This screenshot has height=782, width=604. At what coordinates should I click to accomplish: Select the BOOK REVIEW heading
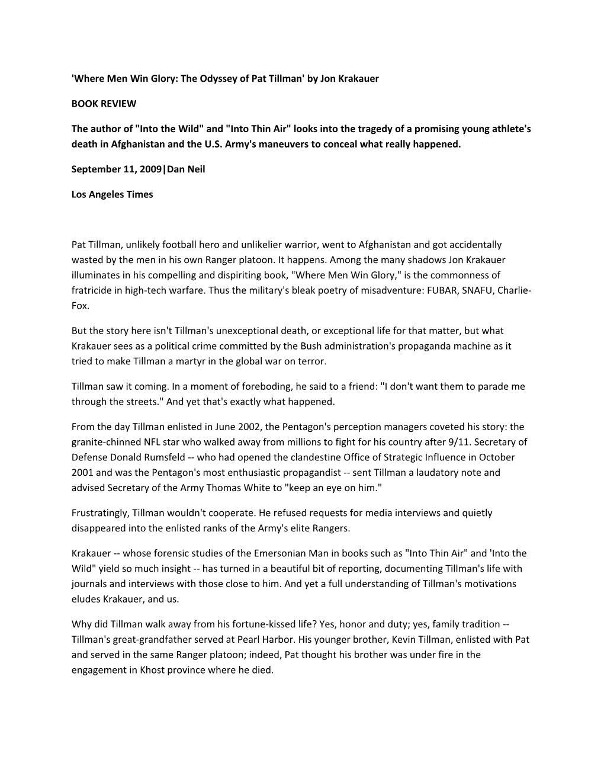104,104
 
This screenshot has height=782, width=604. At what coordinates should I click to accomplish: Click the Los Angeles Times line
112,194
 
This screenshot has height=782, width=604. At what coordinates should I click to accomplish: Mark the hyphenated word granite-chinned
105,442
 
